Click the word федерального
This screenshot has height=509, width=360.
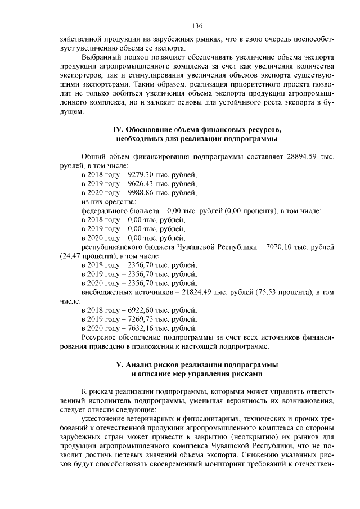107,210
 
